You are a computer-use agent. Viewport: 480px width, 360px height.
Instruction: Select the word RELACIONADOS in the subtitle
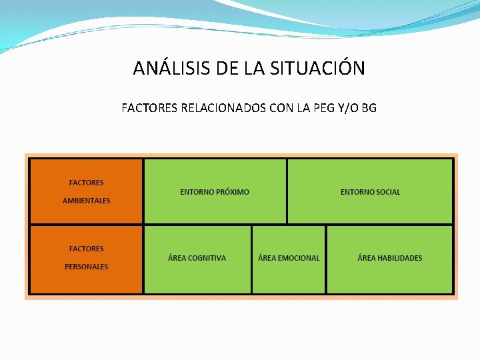223,107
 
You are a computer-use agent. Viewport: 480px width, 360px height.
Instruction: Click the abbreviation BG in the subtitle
369,107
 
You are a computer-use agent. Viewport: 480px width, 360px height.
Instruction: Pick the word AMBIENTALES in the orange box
87,201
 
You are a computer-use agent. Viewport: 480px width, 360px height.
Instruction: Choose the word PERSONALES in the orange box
87,267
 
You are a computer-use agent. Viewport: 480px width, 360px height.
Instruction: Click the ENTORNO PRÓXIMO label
215,192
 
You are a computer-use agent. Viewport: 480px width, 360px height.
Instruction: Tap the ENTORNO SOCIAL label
371,192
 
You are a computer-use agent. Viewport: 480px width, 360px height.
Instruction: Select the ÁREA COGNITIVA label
197,258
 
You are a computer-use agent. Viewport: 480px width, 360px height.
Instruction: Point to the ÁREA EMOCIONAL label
289,258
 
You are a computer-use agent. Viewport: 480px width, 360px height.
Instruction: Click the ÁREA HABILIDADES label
390,258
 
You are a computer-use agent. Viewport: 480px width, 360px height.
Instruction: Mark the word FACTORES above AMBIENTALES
87,183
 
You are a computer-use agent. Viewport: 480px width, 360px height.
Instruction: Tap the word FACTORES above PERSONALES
87,249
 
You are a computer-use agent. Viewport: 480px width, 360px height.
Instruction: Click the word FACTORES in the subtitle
150,107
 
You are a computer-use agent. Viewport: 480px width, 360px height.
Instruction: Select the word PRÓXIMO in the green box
232,192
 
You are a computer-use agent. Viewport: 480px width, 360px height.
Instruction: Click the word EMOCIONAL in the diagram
298,258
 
